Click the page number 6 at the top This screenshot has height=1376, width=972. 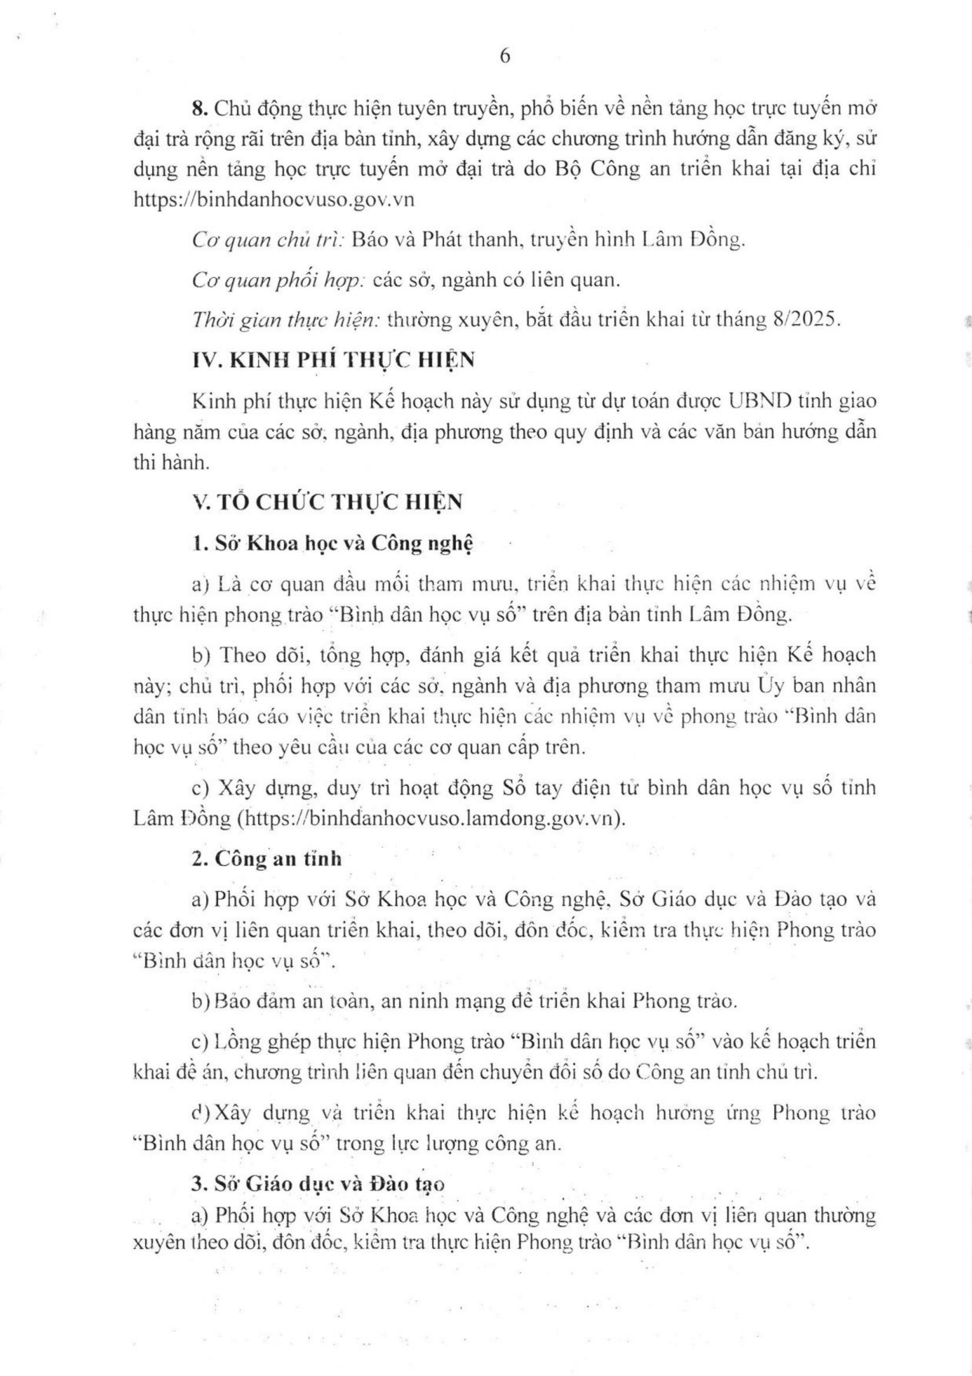[x=505, y=56]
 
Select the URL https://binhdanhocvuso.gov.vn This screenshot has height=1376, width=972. [x=273, y=199]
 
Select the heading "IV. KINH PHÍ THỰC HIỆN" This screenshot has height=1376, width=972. [x=333, y=360]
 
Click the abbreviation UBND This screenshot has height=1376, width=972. [x=761, y=400]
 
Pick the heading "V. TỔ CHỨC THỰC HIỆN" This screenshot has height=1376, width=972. [x=328, y=501]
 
